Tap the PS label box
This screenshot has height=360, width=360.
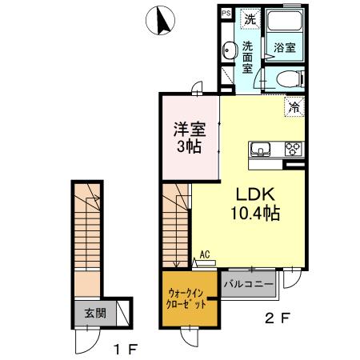click(x=226, y=14)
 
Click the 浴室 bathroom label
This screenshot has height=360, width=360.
click(x=284, y=46)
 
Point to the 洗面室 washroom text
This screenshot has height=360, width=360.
click(x=249, y=58)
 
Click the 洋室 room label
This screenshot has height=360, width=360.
click(x=190, y=129)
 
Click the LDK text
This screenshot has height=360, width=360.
click(x=255, y=194)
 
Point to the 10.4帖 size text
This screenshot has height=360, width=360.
click(x=255, y=214)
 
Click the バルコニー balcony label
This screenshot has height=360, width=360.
click(x=249, y=285)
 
